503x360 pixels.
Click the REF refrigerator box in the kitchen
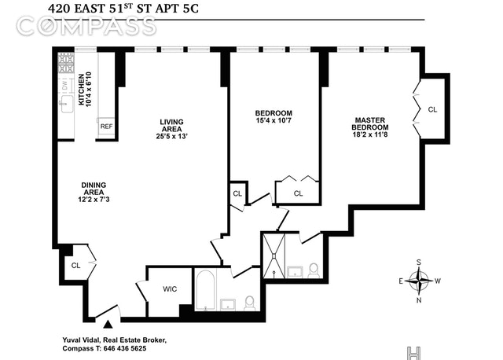pyautogui.click(x=106, y=127)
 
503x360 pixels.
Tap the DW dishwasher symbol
pyautogui.click(x=65, y=85)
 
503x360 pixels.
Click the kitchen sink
pyautogui.click(x=67, y=104)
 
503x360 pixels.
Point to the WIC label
pyautogui.click(x=170, y=289)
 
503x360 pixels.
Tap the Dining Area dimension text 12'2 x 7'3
pyautogui.click(x=94, y=199)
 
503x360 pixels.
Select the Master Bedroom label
pyautogui.click(x=370, y=123)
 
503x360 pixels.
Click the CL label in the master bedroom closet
pyautogui.click(x=432, y=109)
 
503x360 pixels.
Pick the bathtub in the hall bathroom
pyautogui.click(x=206, y=290)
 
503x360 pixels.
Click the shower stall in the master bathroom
pyautogui.click(x=274, y=255)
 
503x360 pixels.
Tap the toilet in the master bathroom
pyautogui.click(x=314, y=270)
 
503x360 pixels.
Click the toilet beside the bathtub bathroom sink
pyautogui.click(x=249, y=303)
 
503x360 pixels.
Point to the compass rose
pyautogui.click(x=419, y=281)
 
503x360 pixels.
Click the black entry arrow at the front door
pyautogui.click(x=108, y=325)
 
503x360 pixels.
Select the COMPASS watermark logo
pyautogui.click(x=86, y=26)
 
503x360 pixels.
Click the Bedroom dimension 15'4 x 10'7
pyautogui.click(x=274, y=120)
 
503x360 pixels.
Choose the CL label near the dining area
pyautogui.click(x=75, y=266)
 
